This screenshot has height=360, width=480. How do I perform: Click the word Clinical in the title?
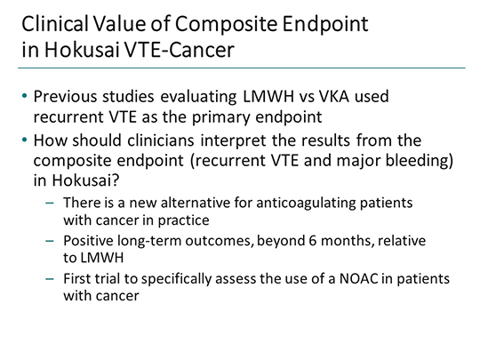point(49,20)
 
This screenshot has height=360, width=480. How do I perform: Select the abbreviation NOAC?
point(356,279)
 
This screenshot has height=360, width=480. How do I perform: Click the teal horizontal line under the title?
point(240,68)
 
